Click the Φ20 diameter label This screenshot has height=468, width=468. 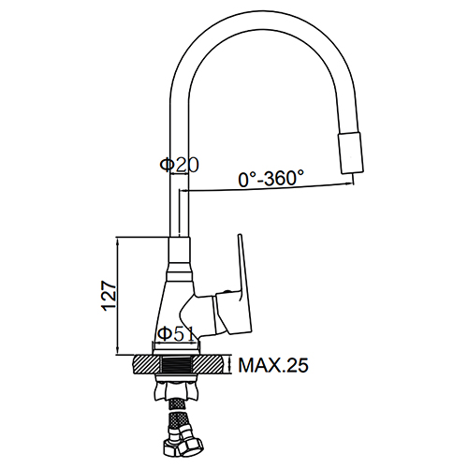click(179, 165)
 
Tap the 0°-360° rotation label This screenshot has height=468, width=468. click(271, 178)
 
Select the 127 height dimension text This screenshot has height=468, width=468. click(109, 296)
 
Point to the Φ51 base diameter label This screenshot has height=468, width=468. click(176, 334)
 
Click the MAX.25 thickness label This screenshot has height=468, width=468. click(273, 365)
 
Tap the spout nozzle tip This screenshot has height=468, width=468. click(351, 153)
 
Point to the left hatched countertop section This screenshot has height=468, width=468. click(146, 365)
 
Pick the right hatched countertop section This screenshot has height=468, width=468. click(208, 365)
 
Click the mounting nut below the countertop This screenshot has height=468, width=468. click(176, 390)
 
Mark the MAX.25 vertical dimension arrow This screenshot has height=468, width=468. click(230, 365)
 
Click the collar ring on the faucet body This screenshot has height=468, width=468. click(179, 276)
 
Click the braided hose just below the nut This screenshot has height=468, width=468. click(176, 404)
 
